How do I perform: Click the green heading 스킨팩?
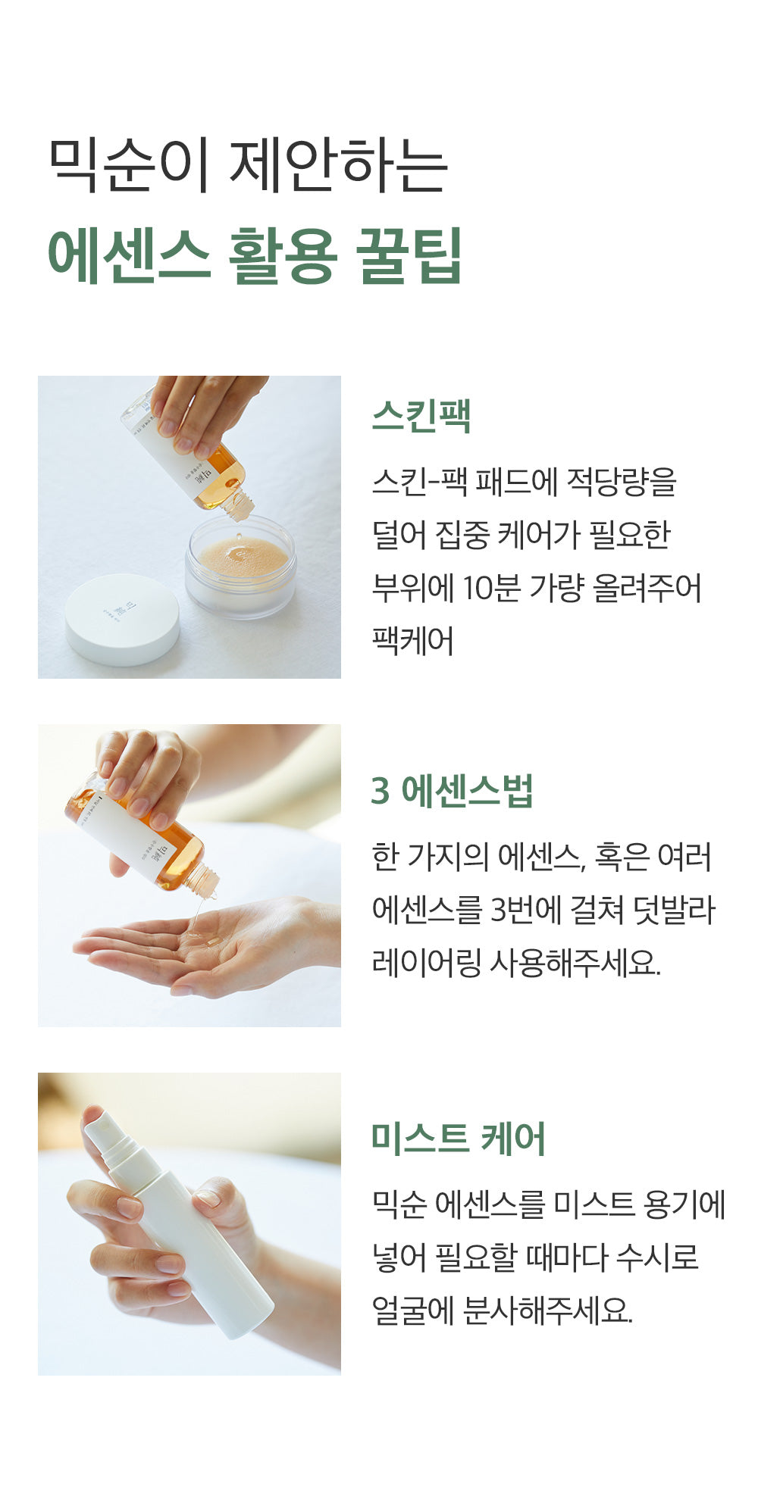coord(421,416)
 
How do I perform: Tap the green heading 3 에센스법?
coord(453,791)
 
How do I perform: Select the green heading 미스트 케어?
coord(459,1139)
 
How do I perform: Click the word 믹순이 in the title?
coord(128,164)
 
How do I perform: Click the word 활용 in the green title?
coord(282,255)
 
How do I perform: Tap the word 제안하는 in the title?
coord(339,164)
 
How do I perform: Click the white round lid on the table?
coord(122,619)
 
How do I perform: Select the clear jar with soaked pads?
coord(240,565)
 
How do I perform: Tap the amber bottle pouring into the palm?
coord(144,837)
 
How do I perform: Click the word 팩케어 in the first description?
coord(412,641)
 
